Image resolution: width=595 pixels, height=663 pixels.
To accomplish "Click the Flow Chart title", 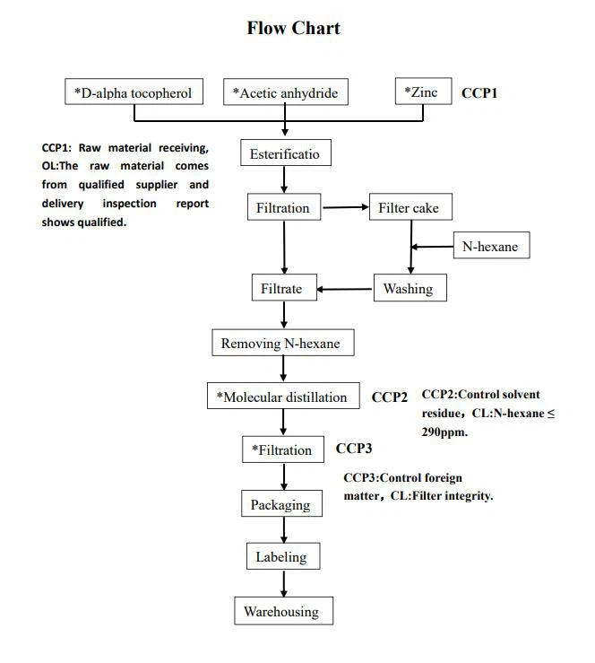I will (x=293, y=29).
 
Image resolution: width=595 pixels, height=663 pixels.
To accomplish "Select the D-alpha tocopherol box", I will (x=134, y=92).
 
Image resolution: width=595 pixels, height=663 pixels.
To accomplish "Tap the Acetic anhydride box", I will (x=285, y=92).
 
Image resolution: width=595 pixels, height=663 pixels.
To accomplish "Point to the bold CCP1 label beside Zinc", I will (x=479, y=92).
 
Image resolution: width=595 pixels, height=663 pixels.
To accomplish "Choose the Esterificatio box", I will (x=284, y=154).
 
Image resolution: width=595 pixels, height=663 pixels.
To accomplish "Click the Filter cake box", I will (x=410, y=208).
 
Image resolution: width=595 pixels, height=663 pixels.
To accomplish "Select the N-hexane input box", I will (x=490, y=246).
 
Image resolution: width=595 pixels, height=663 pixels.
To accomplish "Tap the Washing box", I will (x=408, y=288).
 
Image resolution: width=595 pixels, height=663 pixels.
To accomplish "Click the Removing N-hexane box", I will (x=280, y=343).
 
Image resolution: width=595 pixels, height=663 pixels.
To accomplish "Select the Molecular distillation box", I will (x=281, y=397).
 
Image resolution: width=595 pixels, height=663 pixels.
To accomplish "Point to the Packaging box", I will (x=280, y=504).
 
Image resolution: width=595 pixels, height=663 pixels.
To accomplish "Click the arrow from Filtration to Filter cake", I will (x=345, y=208).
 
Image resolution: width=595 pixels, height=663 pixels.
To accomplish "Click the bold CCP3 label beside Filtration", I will (x=353, y=449).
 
